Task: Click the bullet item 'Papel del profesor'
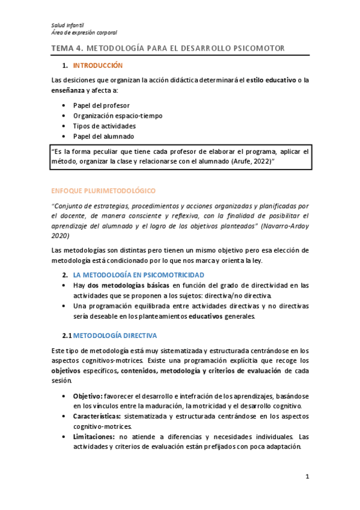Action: (102, 105)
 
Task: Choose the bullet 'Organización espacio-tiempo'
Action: (118, 115)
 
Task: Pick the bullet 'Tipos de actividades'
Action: (104, 126)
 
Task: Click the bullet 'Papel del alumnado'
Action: (104, 137)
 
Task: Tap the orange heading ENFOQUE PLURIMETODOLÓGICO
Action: (103, 191)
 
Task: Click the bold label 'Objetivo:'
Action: (88, 397)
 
